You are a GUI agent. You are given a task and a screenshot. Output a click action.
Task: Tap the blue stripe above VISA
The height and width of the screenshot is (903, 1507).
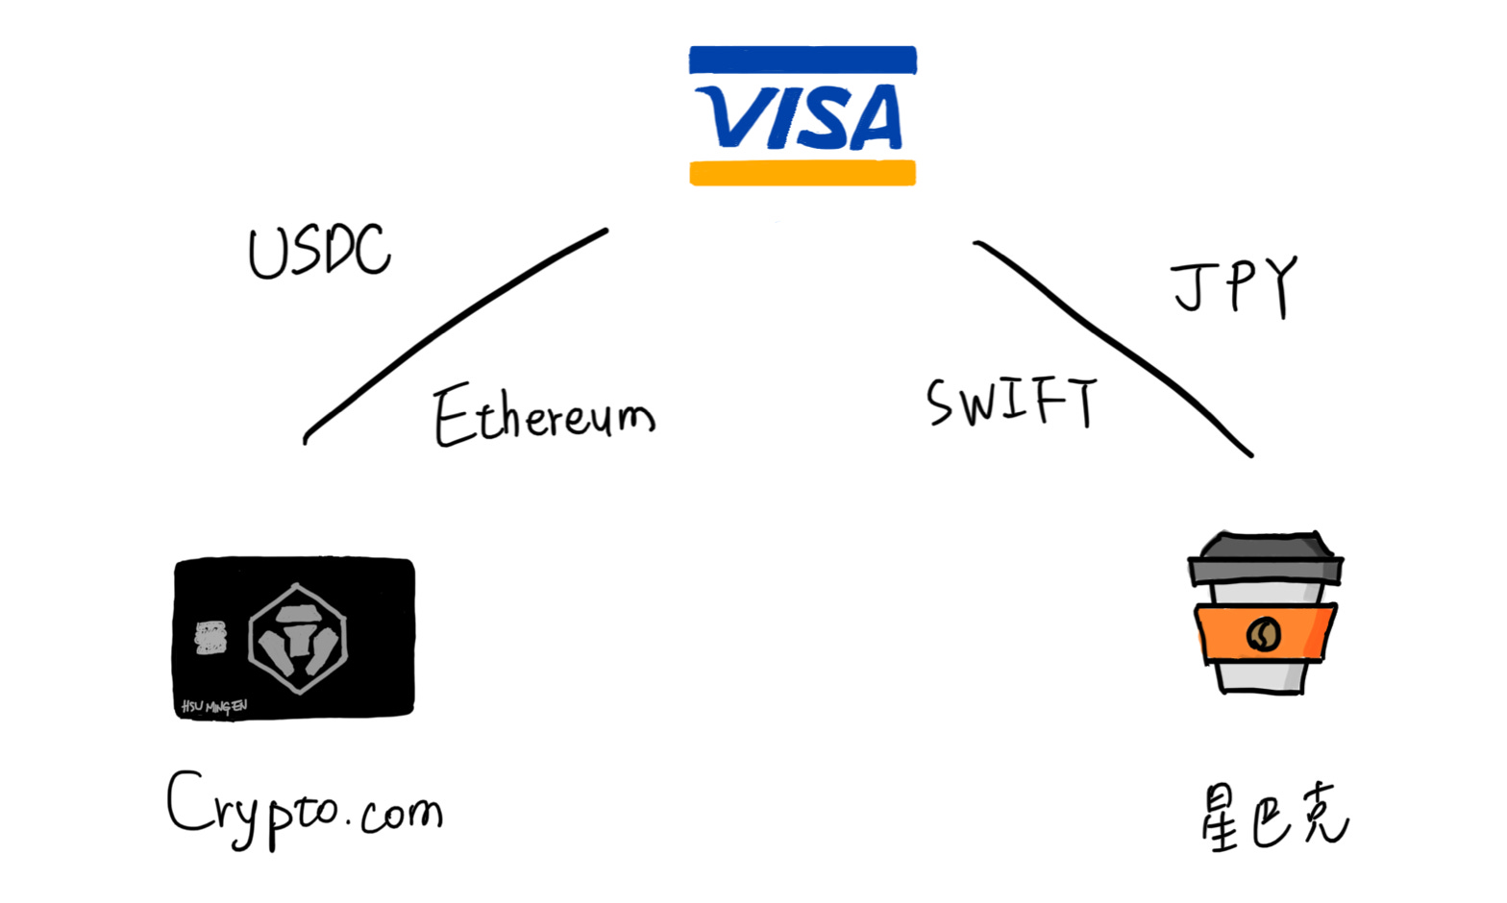pos(803,60)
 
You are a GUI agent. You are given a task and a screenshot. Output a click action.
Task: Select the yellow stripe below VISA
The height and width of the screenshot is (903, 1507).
pos(803,173)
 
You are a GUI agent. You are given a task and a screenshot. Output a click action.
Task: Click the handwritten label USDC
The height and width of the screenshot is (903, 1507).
pos(319,252)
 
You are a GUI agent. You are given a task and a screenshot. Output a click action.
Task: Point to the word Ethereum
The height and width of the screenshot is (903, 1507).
pos(543,416)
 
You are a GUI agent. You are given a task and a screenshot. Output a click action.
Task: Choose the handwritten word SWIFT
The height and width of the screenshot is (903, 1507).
pos(1011,402)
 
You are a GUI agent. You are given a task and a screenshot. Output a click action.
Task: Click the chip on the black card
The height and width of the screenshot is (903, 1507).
pos(210,638)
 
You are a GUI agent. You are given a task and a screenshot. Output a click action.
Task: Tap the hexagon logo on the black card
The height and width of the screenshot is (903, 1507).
pos(297,638)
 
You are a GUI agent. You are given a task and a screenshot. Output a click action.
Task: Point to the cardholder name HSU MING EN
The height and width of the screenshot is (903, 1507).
pos(214,707)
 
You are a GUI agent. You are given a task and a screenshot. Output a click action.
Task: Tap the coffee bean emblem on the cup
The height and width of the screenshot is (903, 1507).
pos(1263,634)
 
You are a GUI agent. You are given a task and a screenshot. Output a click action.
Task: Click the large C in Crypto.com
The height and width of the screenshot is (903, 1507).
pos(185,801)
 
